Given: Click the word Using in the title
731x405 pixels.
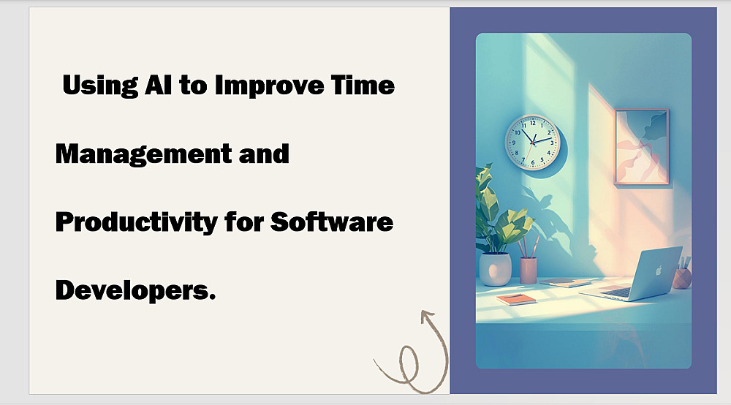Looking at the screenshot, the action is (x=100, y=86).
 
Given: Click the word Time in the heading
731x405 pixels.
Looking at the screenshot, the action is (x=363, y=85).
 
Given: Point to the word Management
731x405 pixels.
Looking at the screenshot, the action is (x=143, y=154).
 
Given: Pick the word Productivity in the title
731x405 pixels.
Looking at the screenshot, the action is (x=136, y=222).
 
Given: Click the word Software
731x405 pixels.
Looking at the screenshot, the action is (x=331, y=222).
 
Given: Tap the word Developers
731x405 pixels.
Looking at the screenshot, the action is (x=135, y=291).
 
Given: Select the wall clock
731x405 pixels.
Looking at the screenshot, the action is (x=533, y=142).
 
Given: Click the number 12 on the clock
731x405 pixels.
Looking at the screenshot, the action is (x=532, y=123).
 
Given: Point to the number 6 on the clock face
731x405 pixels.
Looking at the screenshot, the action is (x=533, y=162).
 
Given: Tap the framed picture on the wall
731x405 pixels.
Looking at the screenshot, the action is (x=642, y=147).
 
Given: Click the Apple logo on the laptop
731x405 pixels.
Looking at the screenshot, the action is (x=659, y=270).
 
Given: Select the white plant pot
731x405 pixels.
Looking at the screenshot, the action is (x=495, y=269).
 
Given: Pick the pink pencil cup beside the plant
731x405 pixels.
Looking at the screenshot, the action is (x=529, y=270).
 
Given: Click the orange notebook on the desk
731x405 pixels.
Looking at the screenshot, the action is (x=517, y=299).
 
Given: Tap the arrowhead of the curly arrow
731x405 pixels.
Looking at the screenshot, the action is (x=428, y=317).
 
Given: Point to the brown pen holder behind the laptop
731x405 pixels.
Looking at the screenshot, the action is (x=681, y=278).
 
